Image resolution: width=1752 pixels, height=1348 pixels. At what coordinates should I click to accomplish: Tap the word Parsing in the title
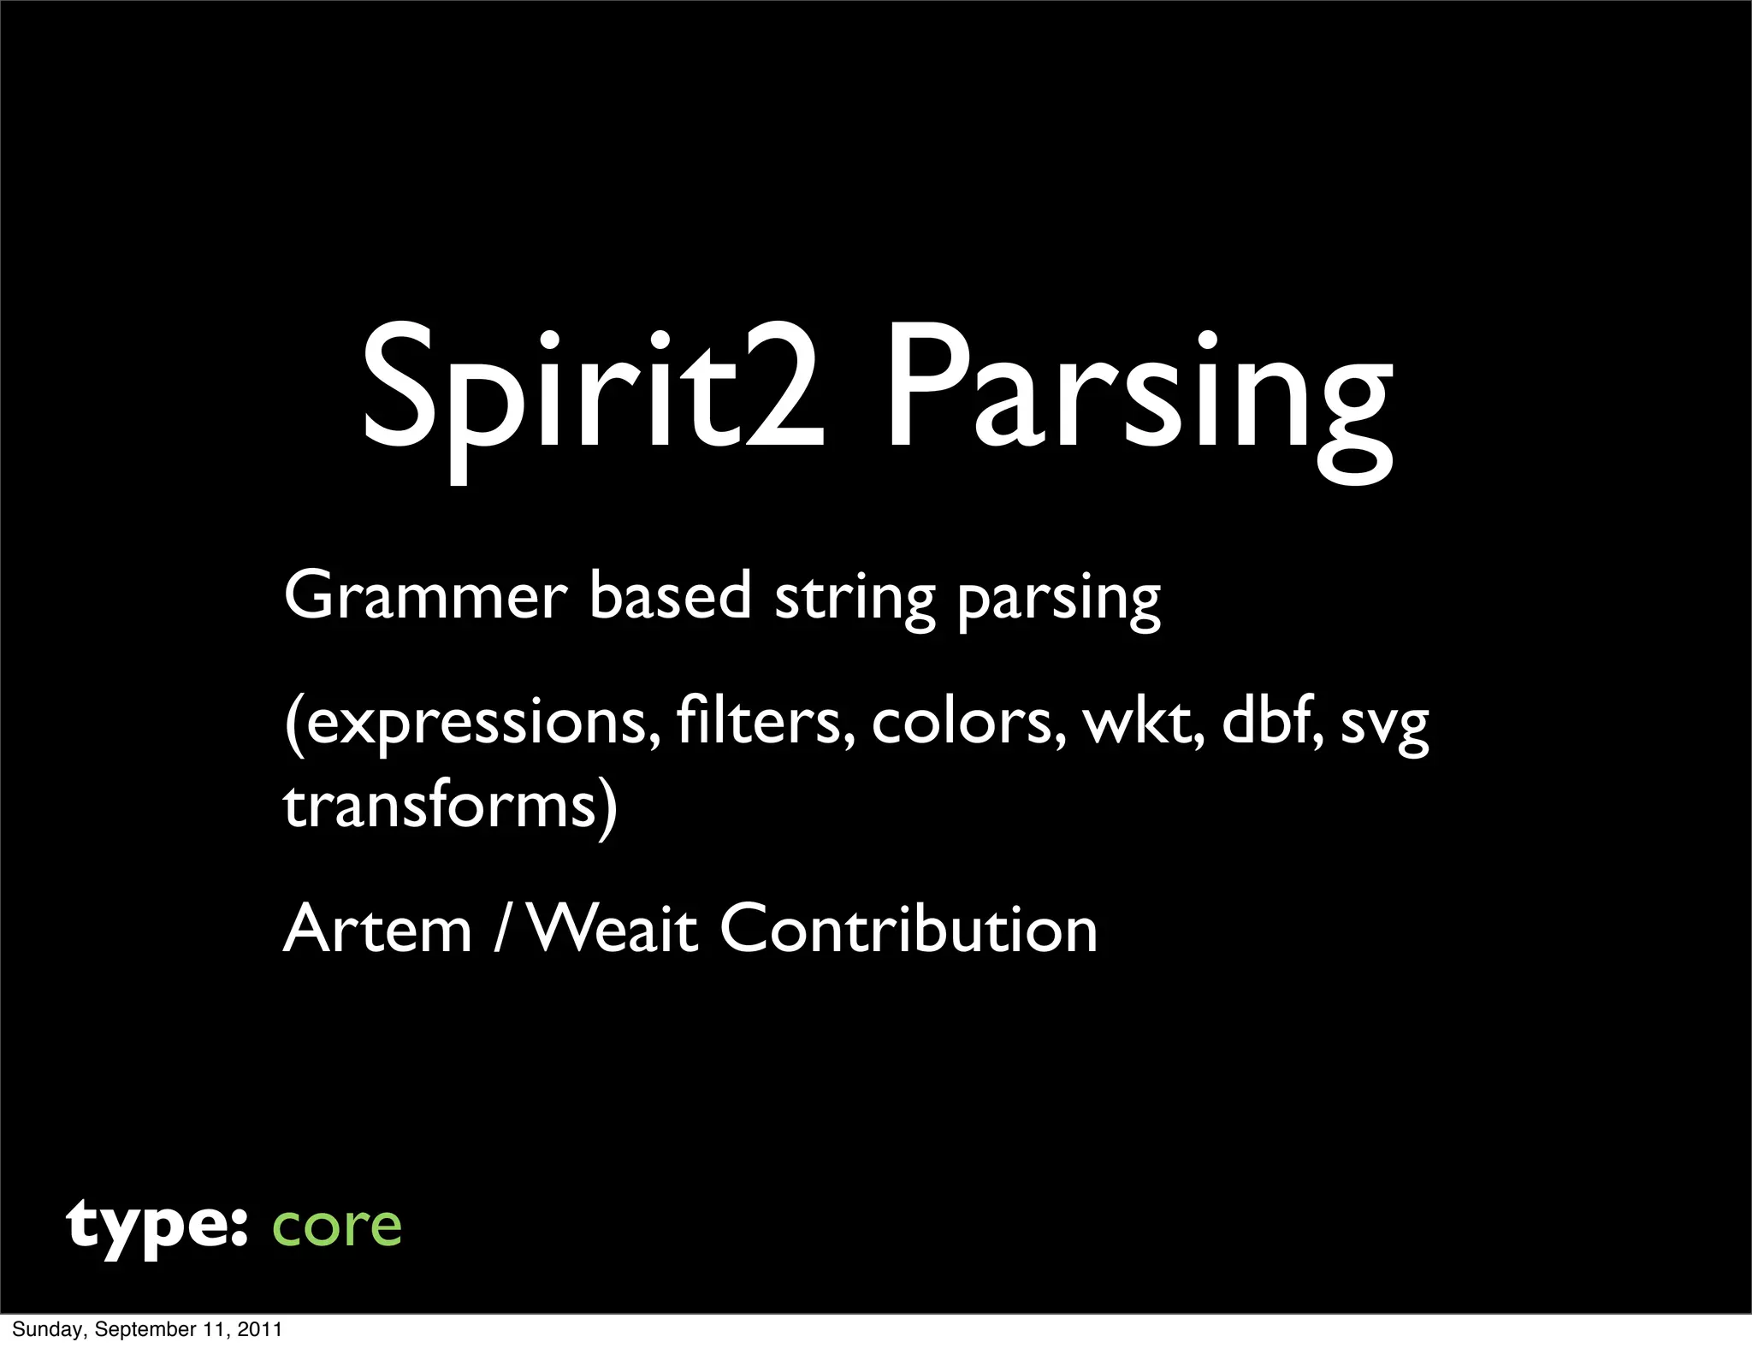pyautogui.click(x=1138, y=398)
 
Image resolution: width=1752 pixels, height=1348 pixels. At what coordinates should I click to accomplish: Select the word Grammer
pyautogui.click(x=425, y=596)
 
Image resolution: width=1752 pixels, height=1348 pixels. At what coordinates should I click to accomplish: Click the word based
pyautogui.click(x=670, y=596)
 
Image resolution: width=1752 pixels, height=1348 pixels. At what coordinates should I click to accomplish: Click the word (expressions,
pyautogui.click(x=471, y=724)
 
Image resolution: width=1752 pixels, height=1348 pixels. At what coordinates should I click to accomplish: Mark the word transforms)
pyautogui.click(x=450, y=806)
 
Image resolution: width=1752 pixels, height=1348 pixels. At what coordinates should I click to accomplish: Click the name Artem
pyautogui.click(x=377, y=930)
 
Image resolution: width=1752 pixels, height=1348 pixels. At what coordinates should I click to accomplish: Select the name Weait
pyautogui.click(x=613, y=930)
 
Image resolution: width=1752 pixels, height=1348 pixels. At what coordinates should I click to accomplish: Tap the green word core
pyautogui.click(x=336, y=1228)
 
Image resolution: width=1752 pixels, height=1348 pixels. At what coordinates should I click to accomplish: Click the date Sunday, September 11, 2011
pyautogui.click(x=147, y=1329)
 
